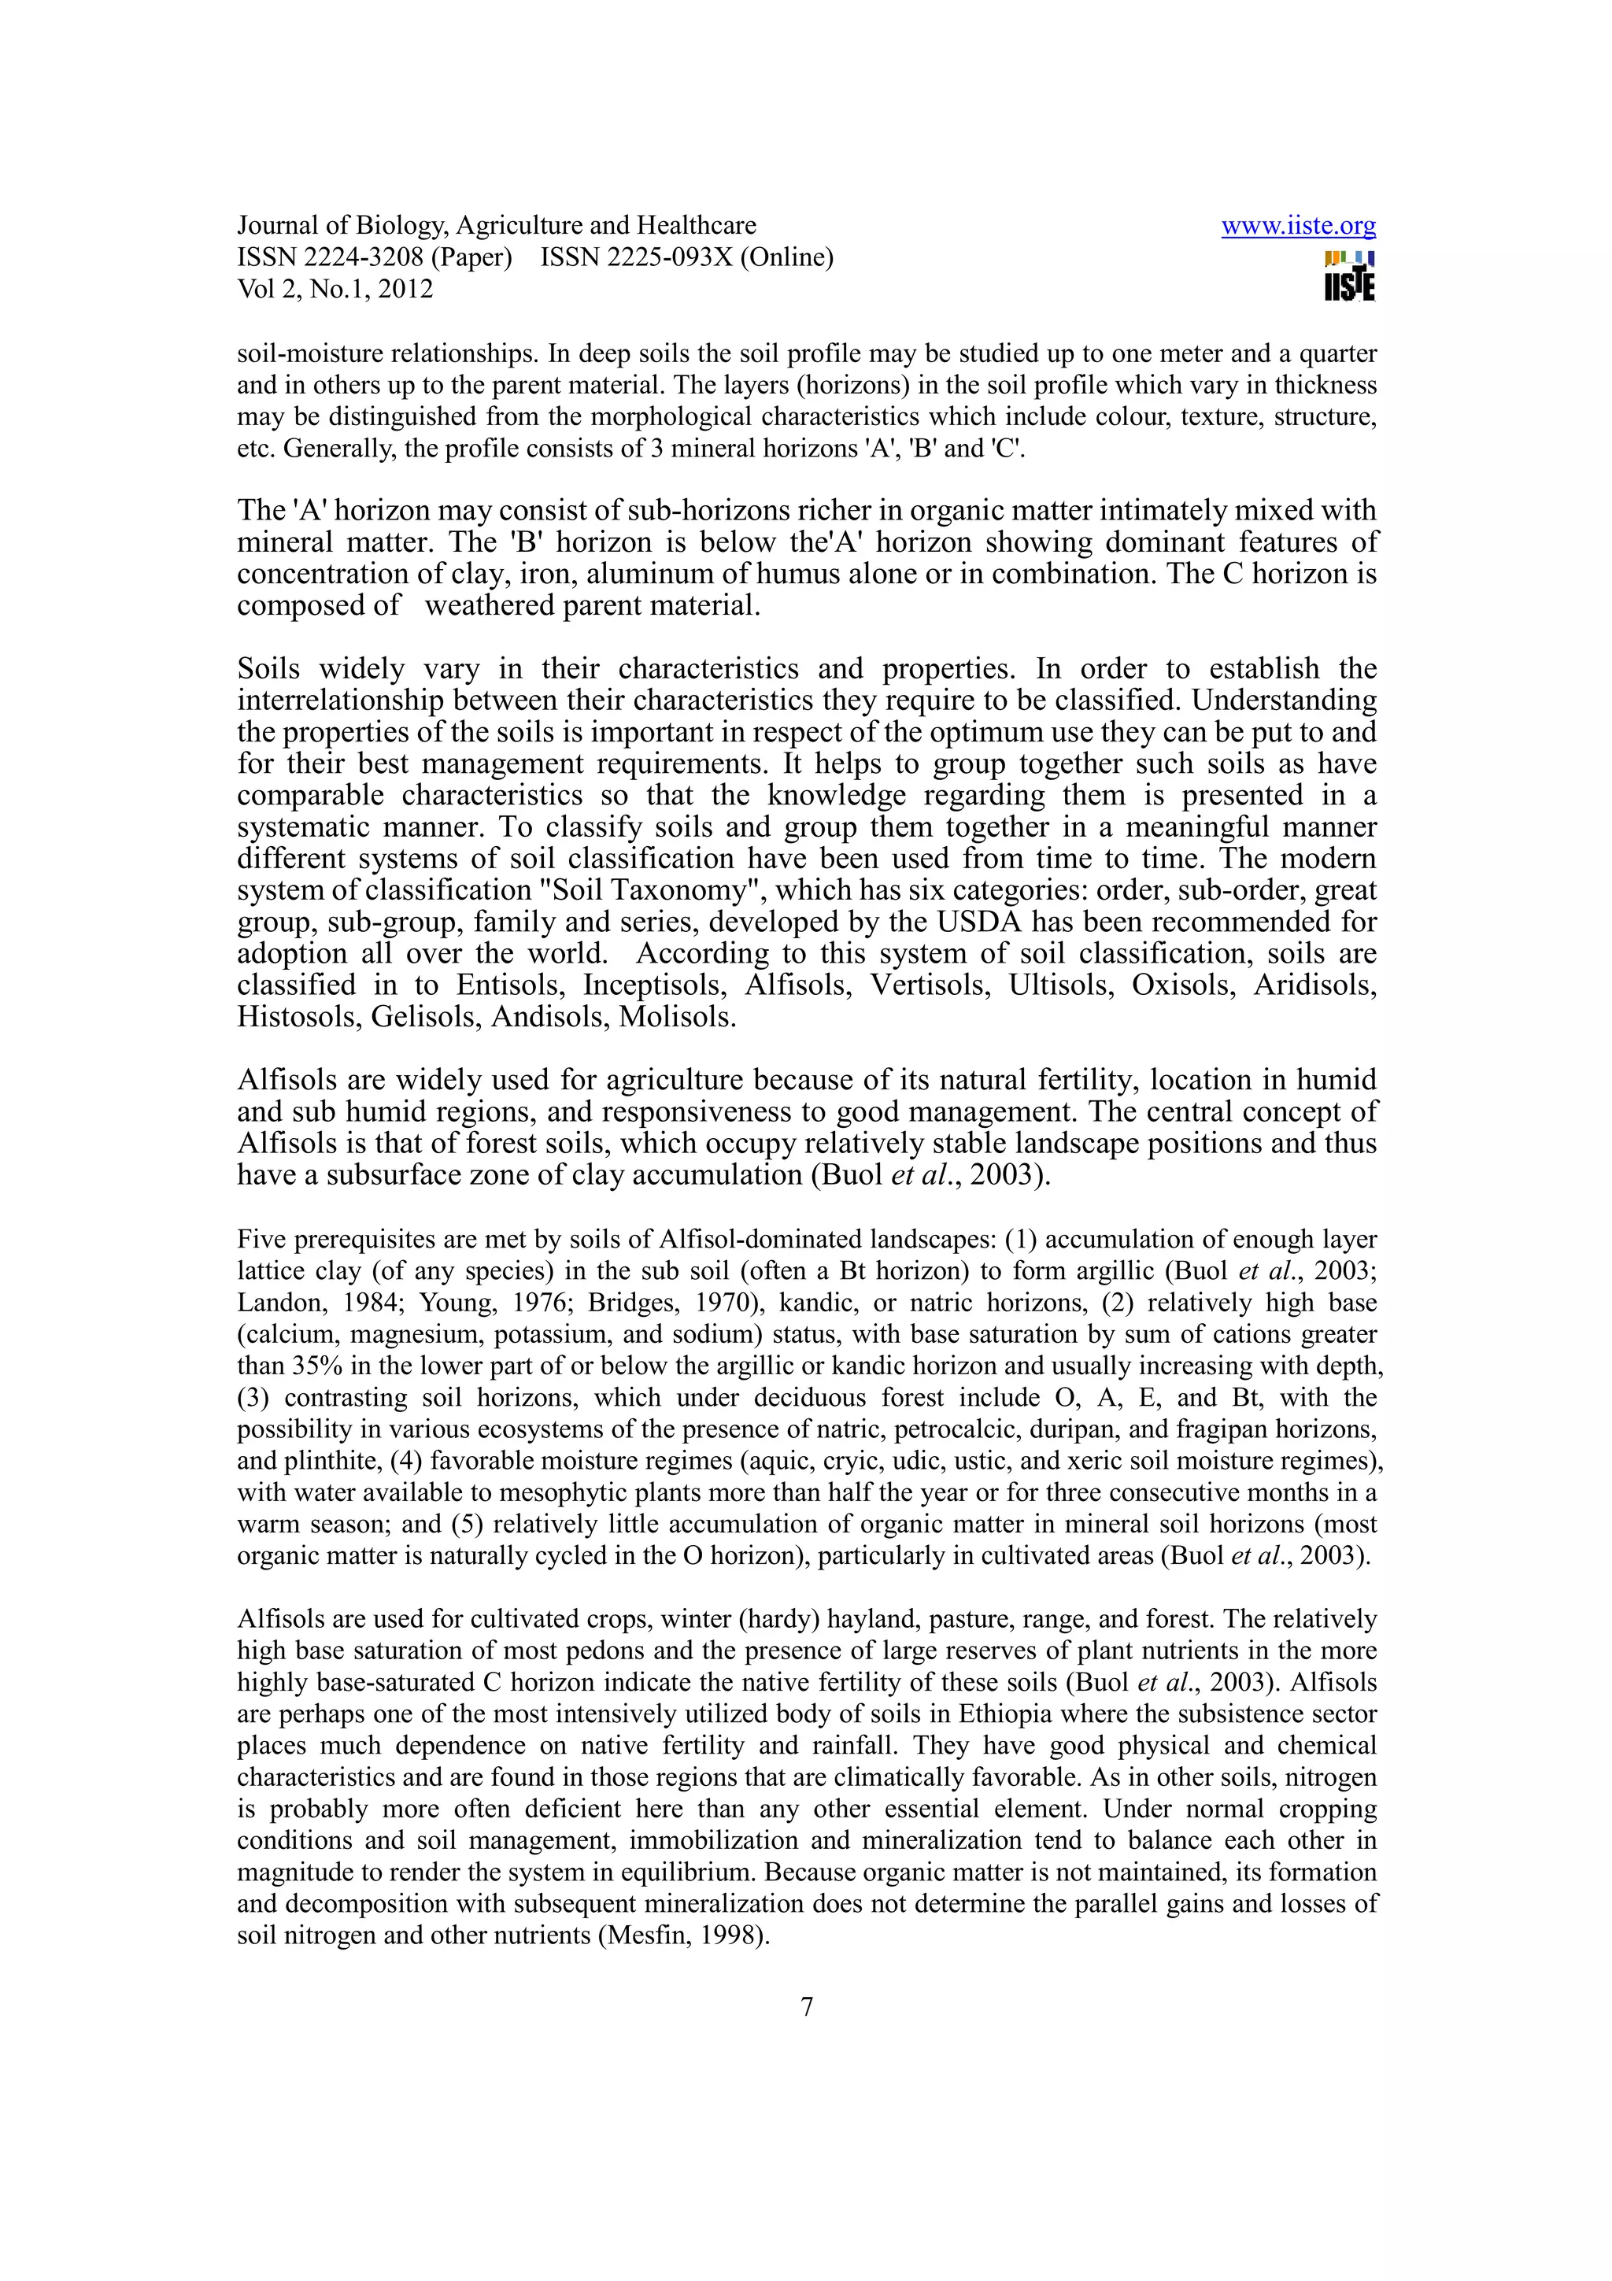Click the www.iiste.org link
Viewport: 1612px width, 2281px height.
tap(1297, 226)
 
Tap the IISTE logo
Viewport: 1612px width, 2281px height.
tap(1350, 277)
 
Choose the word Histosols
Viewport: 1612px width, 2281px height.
tap(299, 1017)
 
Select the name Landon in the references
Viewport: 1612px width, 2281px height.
tap(273, 1303)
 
